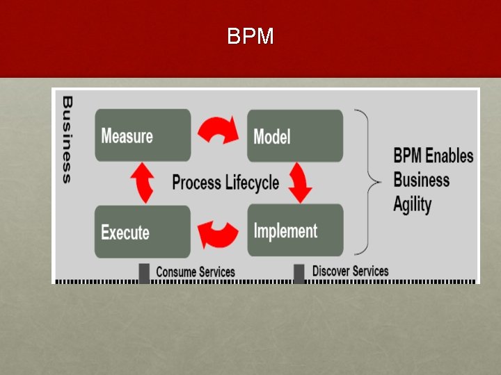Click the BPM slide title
[250, 36]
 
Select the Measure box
[143, 135]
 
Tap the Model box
[295, 135]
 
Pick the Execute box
[142, 231]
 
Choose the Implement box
[295, 230]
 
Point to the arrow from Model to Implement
[301, 183]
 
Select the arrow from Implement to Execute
[219, 234]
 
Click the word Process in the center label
[197, 183]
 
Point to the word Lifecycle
[252, 183]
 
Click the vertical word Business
[67, 139]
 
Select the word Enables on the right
[450, 156]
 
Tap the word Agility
[412, 204]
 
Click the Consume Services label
[196, 272]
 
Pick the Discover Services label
[350, 271]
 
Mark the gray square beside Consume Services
[144, 273]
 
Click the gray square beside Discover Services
[299, 273]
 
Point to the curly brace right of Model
[369, 182]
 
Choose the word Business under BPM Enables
[421, 180]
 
